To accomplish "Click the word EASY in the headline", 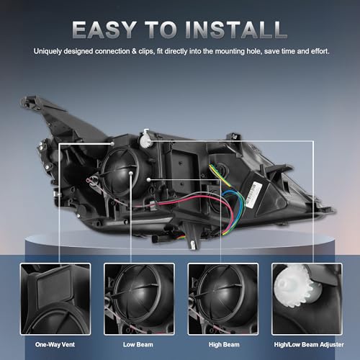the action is pos(104,30).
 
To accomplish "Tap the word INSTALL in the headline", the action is pos(236,30).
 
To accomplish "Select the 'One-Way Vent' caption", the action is pos(55,345).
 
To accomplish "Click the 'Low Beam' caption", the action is pos(138,345).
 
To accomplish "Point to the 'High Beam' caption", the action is pos(224,345).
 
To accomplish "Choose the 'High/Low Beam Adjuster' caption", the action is pos(309,345).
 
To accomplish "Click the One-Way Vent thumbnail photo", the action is pos(55,299).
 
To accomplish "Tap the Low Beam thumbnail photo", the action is pos(139,299).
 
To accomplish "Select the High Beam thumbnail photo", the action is pos(223,299).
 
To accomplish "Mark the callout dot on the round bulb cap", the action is pos(131,173).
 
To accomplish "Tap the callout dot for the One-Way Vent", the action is pos(112,143).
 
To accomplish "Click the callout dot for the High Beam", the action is pos(149,179).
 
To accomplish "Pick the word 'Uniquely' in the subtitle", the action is pos(48,51).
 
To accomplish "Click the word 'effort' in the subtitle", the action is pos(320,51).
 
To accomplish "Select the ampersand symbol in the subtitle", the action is pos(134,51).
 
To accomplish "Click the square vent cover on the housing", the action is pos(184,161).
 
